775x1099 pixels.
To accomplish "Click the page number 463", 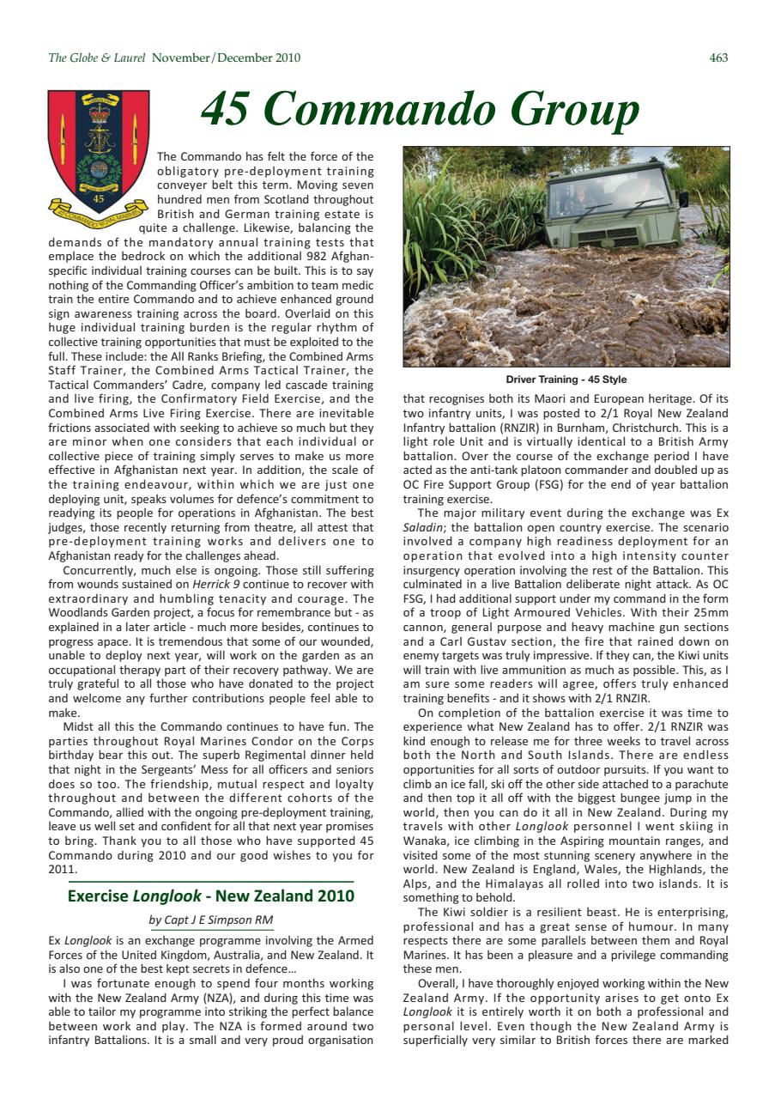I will click(718, 58).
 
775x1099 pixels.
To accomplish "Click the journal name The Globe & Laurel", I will click(98, 58).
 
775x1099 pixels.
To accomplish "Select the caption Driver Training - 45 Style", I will click(566, 379).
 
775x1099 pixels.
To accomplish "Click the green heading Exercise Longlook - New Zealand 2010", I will click(210, 896).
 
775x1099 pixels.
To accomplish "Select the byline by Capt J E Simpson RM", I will click(210, 920).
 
